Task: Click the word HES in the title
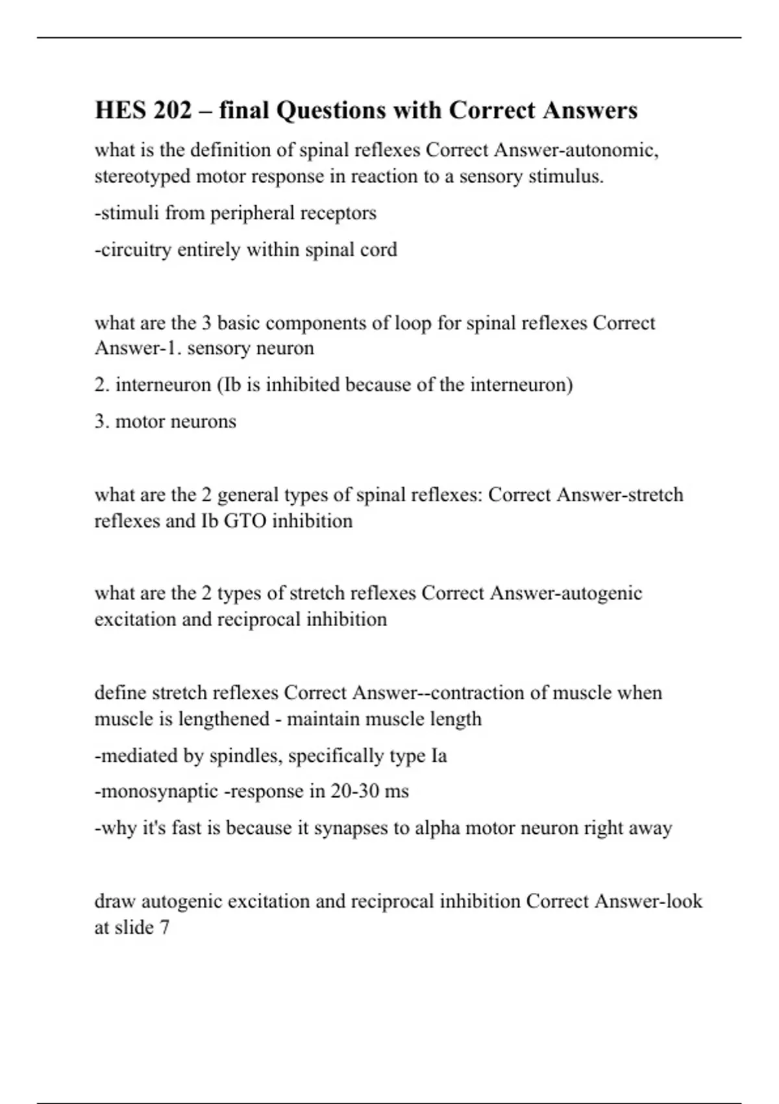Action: tap(119, 110)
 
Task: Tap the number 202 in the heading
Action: tap(173, 110)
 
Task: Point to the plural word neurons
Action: tap(208, 421)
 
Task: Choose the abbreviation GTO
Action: tap(245, 521)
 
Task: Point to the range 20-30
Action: tap(354, 792)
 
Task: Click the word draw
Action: tap(115, 902)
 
